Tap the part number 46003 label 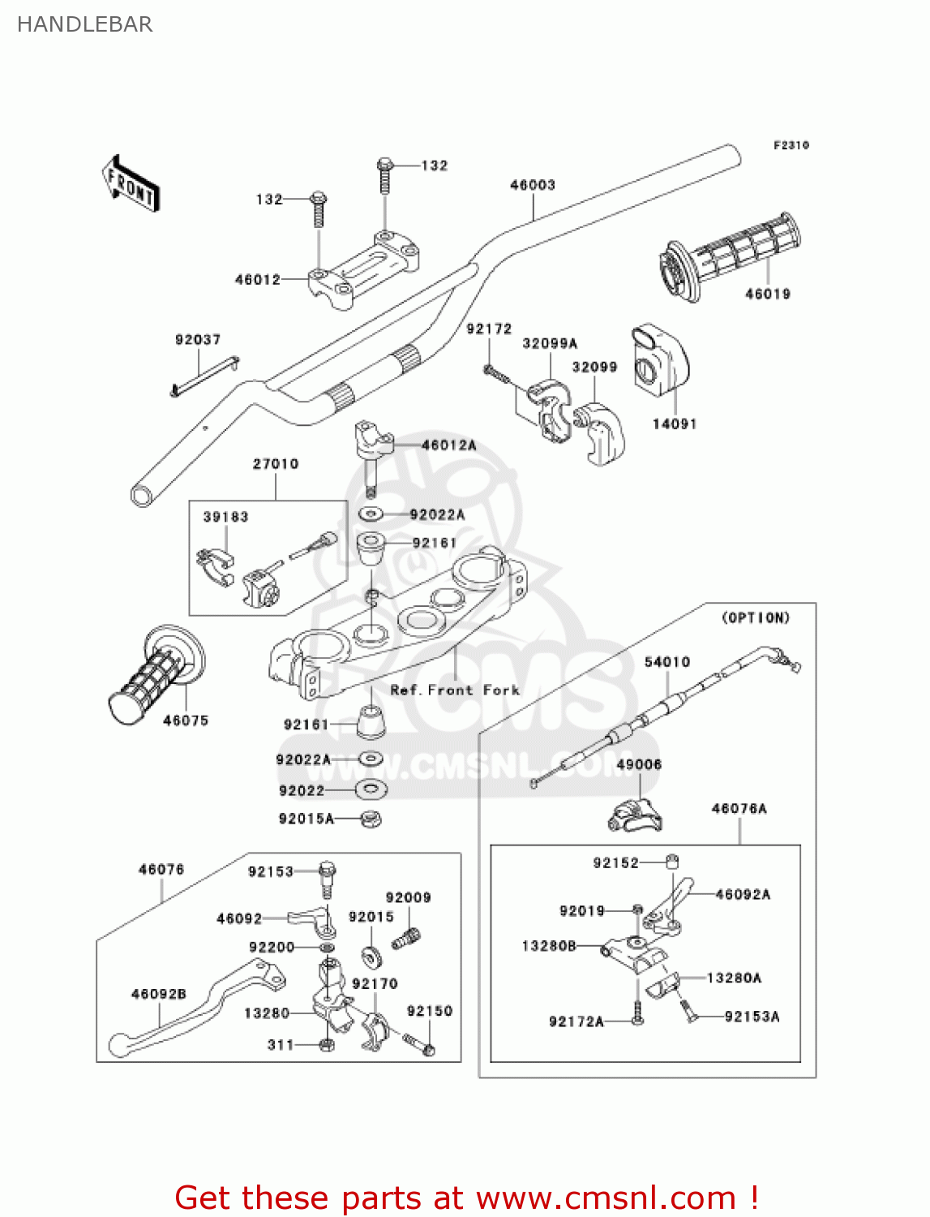click(x=533, y=185)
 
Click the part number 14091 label click(x=675, y=424)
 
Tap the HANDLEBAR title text click(x=84, y=24)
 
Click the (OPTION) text click(x=756, y=618)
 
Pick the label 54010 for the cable click(x=667, y=662)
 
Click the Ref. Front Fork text click(x=455, y=690)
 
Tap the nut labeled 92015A click(x=371, y=819)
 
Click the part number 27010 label click(x=276, y=464)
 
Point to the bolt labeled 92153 click(x=327, y=875)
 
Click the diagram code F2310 click(x=791, y=145)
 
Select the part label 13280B click(x=549, y=946)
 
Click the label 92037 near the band click(x=198, y=340)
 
